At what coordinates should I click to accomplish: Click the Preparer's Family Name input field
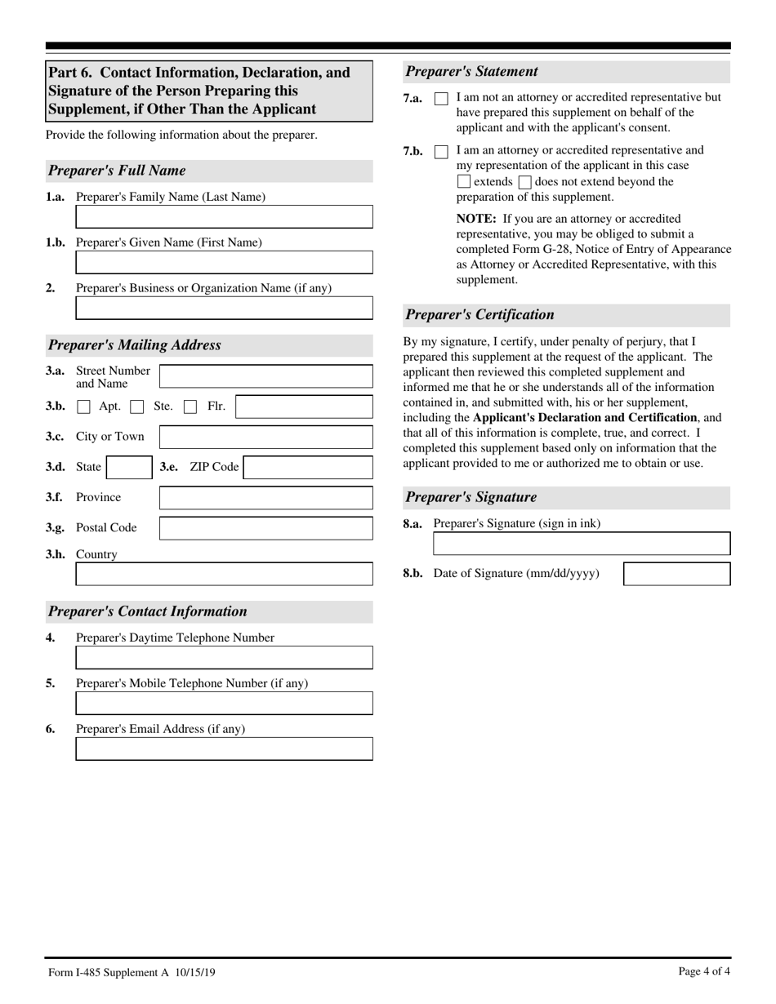coord(224,216)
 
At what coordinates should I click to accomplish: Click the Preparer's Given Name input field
coord(224,262)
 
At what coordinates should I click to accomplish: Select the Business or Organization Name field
coord(224,308)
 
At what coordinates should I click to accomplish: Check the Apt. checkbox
coord(83,406)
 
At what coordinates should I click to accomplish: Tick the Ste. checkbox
coord(137,406)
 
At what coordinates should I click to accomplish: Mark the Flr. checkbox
coord(190,406)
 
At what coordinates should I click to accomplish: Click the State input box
coord(129,468)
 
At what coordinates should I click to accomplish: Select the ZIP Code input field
coord(308,468)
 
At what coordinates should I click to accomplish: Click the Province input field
coord(265,498)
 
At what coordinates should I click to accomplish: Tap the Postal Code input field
coord(265,528)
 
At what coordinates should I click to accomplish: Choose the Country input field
coord(224,574)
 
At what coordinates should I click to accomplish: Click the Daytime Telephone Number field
coord(224,658)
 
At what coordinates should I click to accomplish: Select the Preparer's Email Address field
coord(224,749)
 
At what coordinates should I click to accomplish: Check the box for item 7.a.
coord(441,99)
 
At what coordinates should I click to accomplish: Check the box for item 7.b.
coord(441,152)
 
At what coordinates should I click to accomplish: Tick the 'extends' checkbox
coord(464,182)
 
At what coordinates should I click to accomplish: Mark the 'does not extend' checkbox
coord(525,182)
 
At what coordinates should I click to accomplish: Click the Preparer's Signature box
coord(582,544)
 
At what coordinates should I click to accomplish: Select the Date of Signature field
coord(676,574)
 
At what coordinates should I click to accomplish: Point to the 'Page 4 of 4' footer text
coord(704,971)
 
